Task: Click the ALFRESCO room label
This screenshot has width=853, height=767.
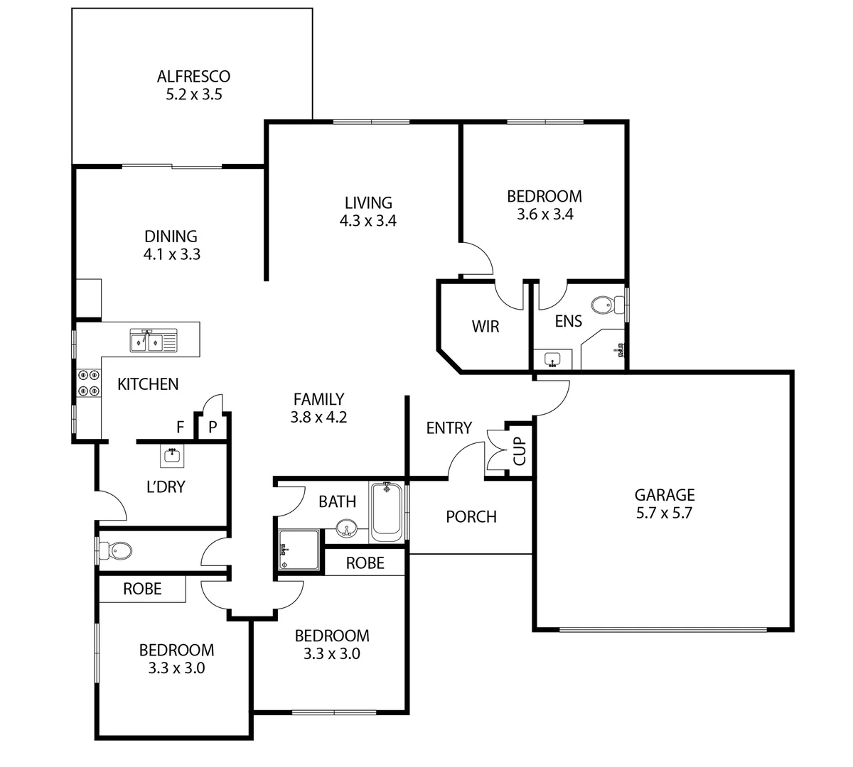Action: pyautogui.click(x=193, y=76)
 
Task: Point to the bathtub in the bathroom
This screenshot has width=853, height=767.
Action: pyautogui.click(x=387, y=509)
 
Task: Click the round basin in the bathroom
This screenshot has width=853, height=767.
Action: pyautogui.click(x=346, y=528)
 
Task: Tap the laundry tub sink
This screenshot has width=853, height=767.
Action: pyautogui.click(x=171, y=455)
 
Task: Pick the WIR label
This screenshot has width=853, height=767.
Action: pyautogui.click(x=485, y=327)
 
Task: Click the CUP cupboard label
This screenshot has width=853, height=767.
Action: pyautogui.click(x=520, y=451)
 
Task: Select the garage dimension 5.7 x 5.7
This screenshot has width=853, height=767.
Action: pyautogui.click(x=664, y=513)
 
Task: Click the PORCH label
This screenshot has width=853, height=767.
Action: pyautogui.click(x=471, y=517)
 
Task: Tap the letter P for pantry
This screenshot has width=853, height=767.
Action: pyautogui.click(x=212, y=428)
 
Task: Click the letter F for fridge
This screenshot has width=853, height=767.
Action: pyautogui.click(x=181, y=428)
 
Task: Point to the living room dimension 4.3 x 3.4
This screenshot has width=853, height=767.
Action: pyautogui.click(x=368, y=221)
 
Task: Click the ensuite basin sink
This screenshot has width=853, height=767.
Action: pyautogui.click(x=553, y=359)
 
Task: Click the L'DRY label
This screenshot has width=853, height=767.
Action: pyautogui.click(x=166, y=487)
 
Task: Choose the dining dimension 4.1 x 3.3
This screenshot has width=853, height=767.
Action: pyautogui.click(x=171, y=254)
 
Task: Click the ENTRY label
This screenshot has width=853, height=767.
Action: pyautogui.click(x=449, y=428)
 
